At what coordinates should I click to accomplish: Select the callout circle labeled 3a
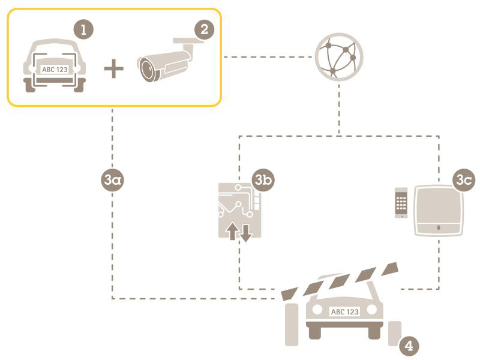pyautogui.click(x=112, y=180)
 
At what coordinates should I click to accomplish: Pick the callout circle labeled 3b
pyautogui.click(x=263, y=180)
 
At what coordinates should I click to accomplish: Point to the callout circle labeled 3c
pyautogui.click(x=463, y=180)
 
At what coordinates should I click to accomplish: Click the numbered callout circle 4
pyautogui.click(x=409, y=346)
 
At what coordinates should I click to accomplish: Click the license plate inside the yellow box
pyautogui.click(x=55, y=70)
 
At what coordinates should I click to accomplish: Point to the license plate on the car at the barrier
pyautogui.click(x=344, y=311)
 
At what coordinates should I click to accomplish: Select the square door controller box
pyautogui.click(x=439, y=211)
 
